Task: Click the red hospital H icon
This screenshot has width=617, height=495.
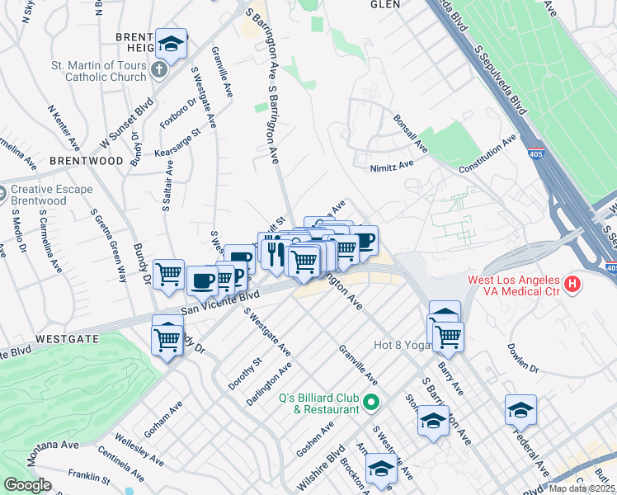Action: (573, 286)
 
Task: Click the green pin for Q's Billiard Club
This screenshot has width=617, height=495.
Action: (370, 403)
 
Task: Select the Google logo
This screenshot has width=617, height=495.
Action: (27, 485)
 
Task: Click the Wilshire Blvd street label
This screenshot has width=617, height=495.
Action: (319, 469)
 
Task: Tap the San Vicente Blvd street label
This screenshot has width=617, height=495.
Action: (219, 301)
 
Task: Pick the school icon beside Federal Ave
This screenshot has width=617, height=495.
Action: (520, 410)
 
